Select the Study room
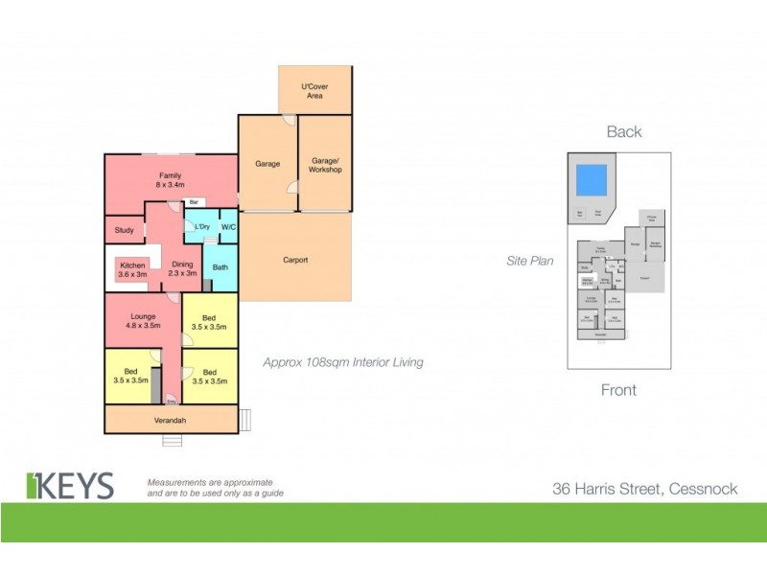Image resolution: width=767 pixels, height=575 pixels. tap(124, 230)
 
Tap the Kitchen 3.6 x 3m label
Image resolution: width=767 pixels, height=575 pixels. tap(132, 268)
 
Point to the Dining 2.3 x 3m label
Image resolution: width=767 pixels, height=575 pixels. tap(182, 268)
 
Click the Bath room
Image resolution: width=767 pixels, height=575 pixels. tap(220, 267)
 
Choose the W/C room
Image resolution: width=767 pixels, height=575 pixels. tap(228, 227)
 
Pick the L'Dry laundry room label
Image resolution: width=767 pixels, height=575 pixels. tap(202, 227)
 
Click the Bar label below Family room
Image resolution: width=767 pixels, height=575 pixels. tap(193, 202)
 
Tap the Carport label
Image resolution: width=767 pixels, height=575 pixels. tap(294, 260)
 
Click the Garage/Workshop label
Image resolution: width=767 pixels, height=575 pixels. tap(324, 164)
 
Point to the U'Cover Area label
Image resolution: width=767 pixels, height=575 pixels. tap(314, 90)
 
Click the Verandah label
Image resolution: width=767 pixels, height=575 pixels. tap(170, 420)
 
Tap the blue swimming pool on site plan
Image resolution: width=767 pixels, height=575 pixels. tap(590, 179)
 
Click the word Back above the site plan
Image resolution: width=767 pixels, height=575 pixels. tap(623, 132)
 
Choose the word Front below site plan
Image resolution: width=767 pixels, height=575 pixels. tap(618, 390)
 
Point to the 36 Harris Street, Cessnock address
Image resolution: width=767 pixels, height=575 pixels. tap(644, 489)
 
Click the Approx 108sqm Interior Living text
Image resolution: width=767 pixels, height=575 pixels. tap(342, 362)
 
